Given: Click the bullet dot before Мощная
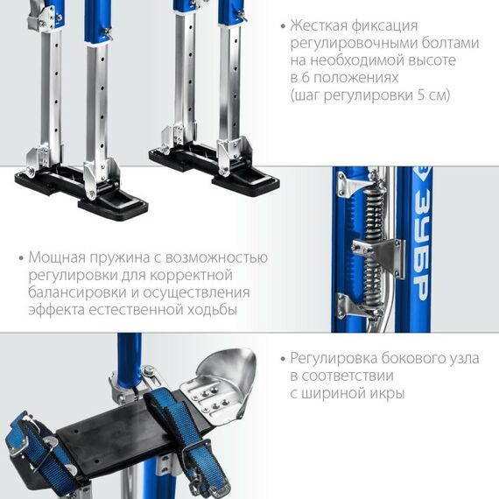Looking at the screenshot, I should (x=20, y=259).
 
